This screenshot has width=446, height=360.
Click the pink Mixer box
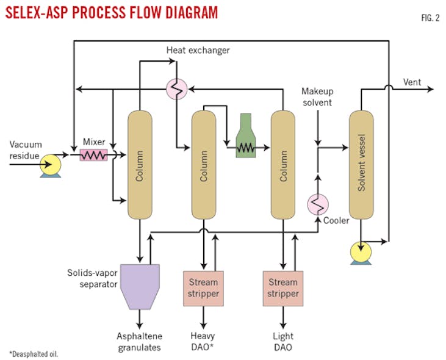click(93, 156)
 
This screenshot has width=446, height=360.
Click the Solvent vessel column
click(361, 165)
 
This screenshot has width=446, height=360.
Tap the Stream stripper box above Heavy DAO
click(202, 288)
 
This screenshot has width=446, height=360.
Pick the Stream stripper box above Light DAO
click(283, 288)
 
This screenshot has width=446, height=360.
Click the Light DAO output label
click(283, 341)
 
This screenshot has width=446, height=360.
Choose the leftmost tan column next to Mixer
click(140, 165)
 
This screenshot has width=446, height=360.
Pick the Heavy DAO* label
click(202, 341)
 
